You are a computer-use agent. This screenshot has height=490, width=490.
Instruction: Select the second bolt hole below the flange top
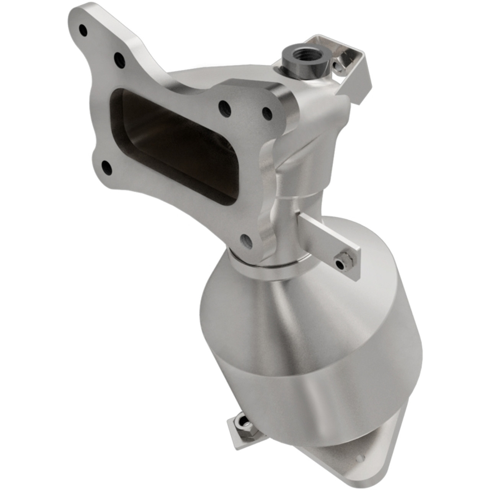119,59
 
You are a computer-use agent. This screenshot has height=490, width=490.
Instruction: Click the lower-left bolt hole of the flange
106,168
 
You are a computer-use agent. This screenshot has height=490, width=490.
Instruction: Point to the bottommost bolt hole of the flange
246,241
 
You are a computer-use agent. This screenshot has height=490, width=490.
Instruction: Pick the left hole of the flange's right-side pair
225,109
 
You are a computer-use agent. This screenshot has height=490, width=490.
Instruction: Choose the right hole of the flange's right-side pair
267,113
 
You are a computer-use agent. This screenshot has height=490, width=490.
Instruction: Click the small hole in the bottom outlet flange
359,458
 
